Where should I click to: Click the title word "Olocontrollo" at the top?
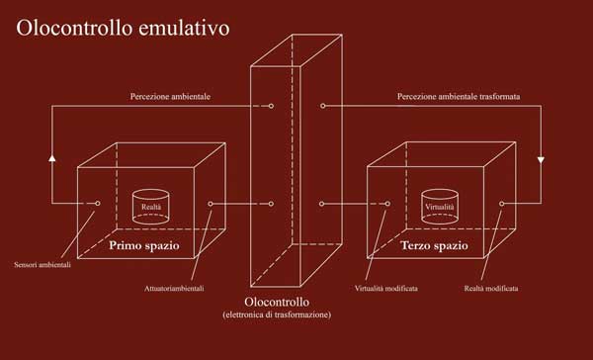74,28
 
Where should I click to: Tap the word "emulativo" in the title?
184,28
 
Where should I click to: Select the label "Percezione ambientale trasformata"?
459,97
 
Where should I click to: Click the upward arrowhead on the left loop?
52,157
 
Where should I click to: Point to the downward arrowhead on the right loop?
541,160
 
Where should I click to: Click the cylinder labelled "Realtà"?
151,207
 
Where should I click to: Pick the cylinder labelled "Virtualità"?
440,207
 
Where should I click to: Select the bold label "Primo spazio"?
144,245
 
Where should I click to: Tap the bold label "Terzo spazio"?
435,245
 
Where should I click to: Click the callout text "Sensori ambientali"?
42,265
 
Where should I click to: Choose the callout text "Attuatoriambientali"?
174,289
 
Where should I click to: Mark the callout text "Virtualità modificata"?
386,289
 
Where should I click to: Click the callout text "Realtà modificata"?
491,289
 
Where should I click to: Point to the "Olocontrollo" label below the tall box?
277,302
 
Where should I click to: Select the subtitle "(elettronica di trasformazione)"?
277,315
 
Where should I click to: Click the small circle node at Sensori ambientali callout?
98,204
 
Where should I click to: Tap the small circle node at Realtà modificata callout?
501,204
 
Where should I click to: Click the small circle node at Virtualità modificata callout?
387,204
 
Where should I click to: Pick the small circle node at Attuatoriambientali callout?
211,204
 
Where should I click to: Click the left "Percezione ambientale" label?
170,97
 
